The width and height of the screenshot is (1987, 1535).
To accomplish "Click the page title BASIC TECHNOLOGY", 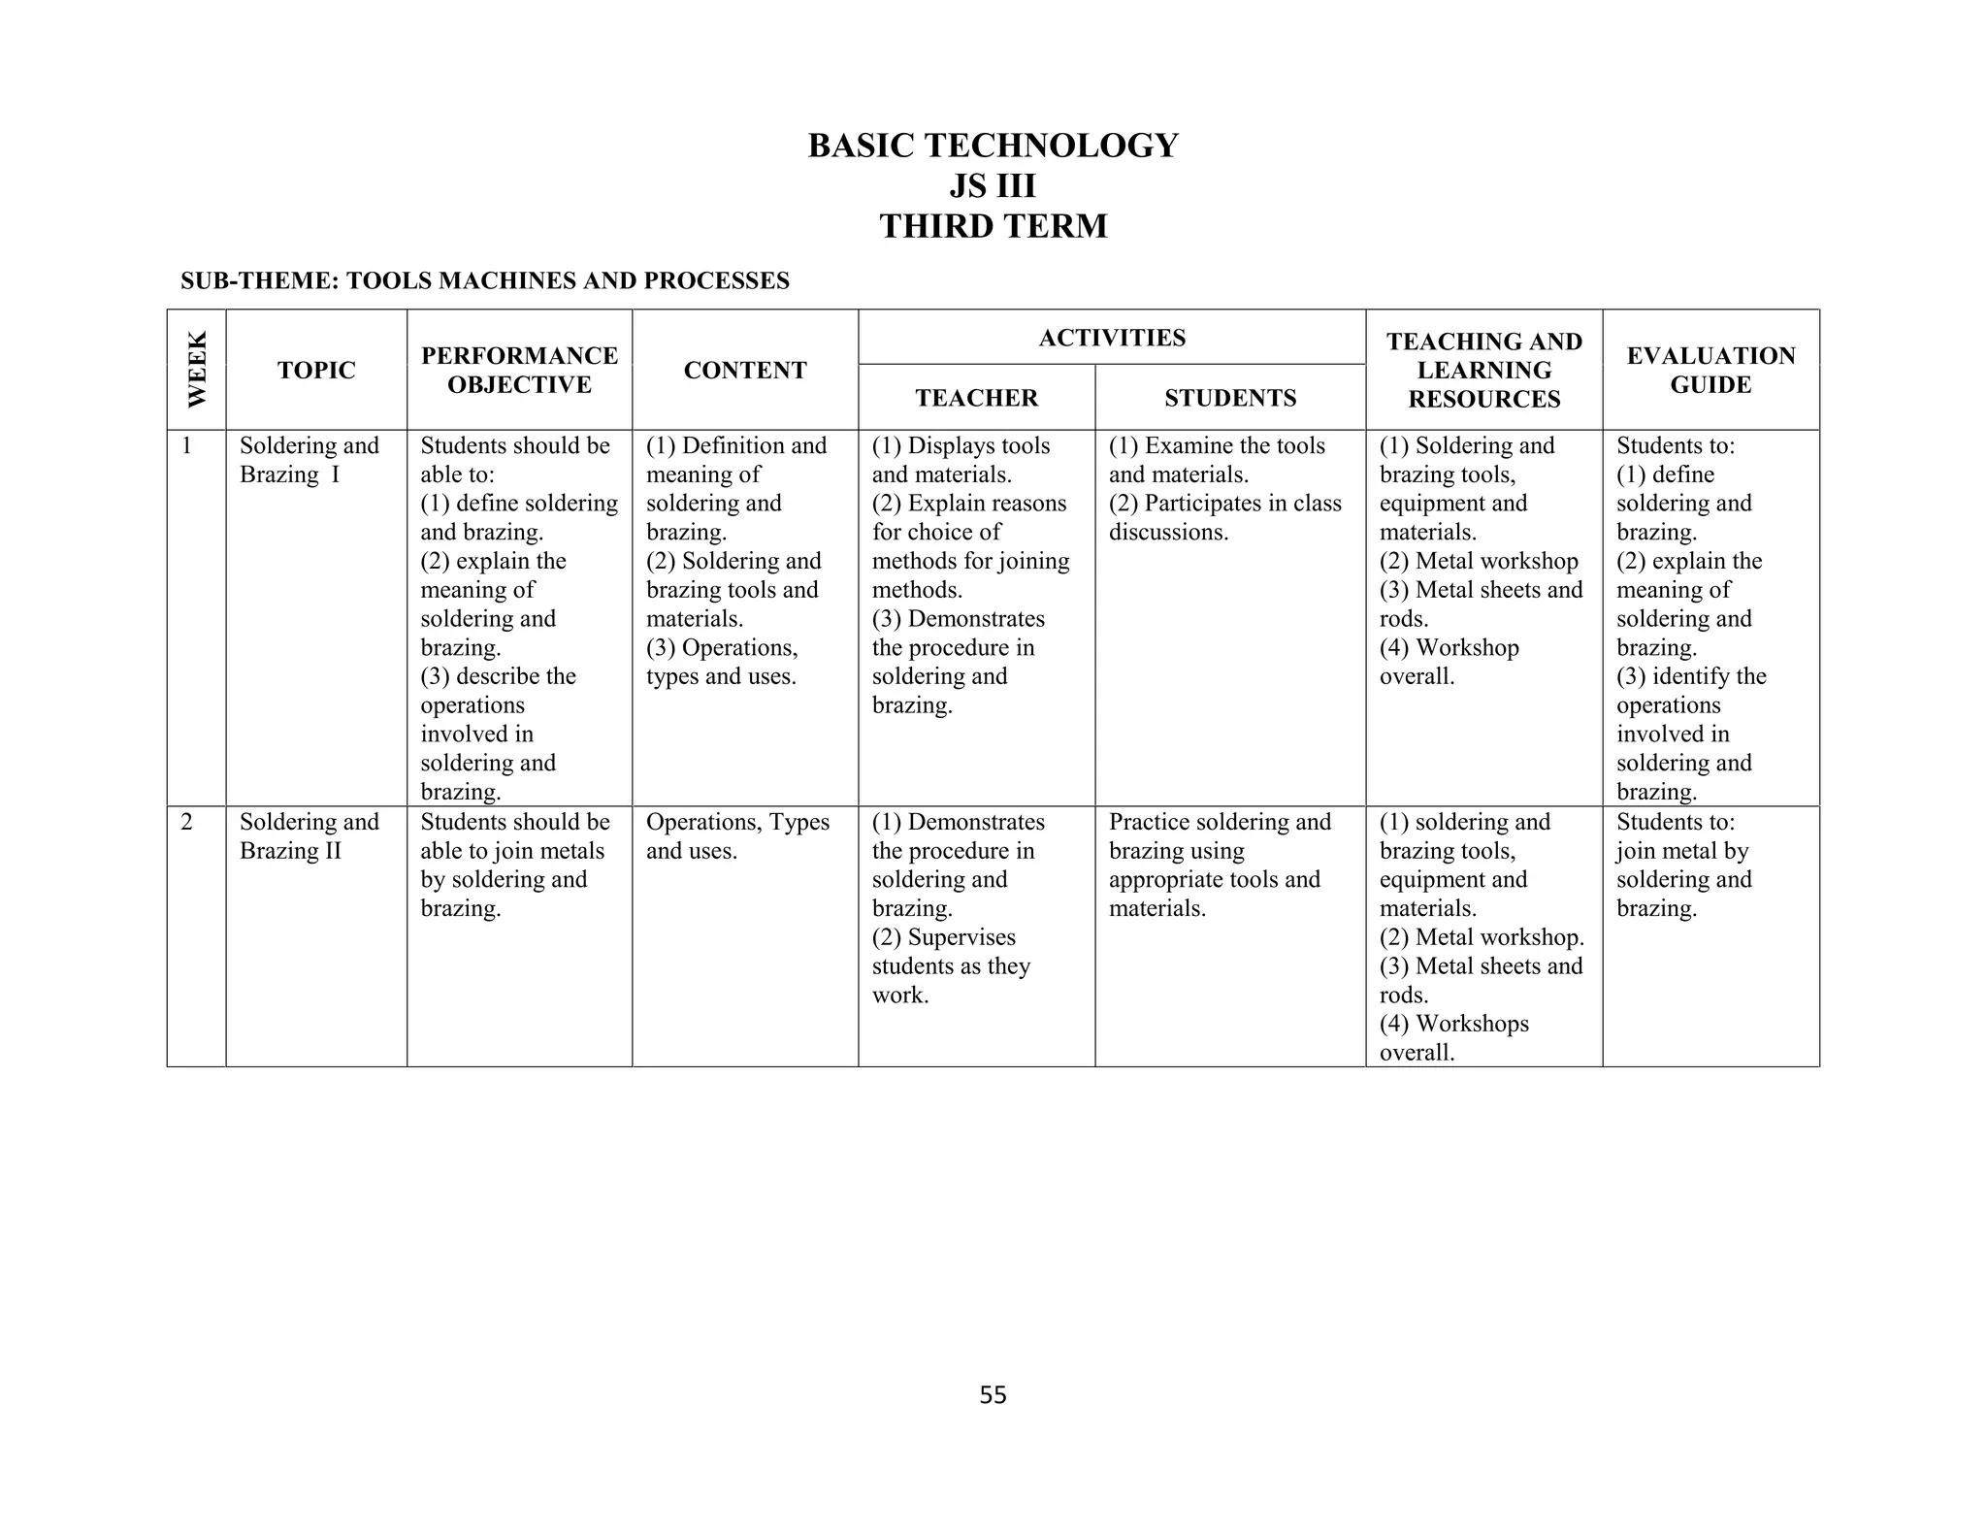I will (x=993, y=146).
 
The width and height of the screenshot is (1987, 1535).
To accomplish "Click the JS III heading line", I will (x=993, y=185).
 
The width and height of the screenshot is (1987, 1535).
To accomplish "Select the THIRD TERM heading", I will (x=993, y=226).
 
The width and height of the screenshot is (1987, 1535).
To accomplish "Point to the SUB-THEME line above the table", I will (x=484, y=280).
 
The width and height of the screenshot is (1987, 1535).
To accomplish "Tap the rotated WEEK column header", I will (x=197, y=370).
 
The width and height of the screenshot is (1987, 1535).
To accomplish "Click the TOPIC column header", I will (x=316, y=370).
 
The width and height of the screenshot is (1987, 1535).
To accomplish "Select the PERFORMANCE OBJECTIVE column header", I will (x=519, y=370).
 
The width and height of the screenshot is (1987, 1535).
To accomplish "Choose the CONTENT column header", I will (x=744, y=370).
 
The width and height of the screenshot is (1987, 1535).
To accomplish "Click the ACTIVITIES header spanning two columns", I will (x=1112, y=338).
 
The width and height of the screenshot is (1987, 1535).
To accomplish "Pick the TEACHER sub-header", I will (x=976, y=398).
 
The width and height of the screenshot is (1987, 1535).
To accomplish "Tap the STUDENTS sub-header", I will (x=1230, y=398).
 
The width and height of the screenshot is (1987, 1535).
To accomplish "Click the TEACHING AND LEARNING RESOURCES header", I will (x=1483, y=370).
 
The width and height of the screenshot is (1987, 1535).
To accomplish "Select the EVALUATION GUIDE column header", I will (x=1710, y=370).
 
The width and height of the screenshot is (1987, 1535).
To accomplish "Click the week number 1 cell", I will (x=186, y=446).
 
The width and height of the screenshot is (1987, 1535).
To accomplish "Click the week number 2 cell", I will (x=186, y=823).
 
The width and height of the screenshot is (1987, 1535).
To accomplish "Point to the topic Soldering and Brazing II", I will (x=309, y=836).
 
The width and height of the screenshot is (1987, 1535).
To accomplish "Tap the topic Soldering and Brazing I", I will (x=309, y=460).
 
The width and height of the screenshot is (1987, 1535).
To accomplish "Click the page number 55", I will (x=993, y=1395).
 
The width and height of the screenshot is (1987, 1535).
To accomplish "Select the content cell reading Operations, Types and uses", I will (x=737, y=836).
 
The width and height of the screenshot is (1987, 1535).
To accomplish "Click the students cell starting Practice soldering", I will (x=1219, y=865).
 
